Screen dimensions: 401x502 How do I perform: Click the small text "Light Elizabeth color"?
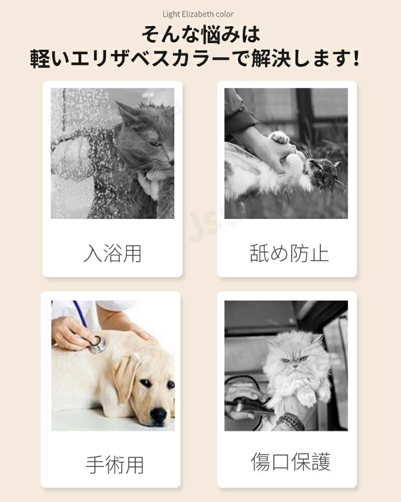pyautogui.click(x=198, y=14)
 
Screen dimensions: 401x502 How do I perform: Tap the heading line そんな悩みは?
pyautogui.click(x=201, y=35)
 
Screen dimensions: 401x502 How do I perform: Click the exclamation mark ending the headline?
pyautogui.click(x=356, y=58)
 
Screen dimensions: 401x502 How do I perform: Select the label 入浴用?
pyautogui.click(x=112, y=254)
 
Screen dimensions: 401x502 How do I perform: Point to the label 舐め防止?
pyautogui.click(x=289, y=254)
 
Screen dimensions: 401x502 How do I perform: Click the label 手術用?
pyautogui.click(x=114, y=465)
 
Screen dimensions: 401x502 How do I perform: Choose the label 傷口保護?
pyautogui.click(x=290, y=462)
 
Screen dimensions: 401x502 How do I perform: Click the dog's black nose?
pyautogui.click(x=158, y=415)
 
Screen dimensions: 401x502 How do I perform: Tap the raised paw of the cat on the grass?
pyautogui.click(x=279, y=137)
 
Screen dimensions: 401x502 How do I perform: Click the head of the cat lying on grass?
pyautogui.click(x=323, y=173)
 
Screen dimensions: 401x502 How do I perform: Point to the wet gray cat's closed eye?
pyautogui.click(x=156, y=144)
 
